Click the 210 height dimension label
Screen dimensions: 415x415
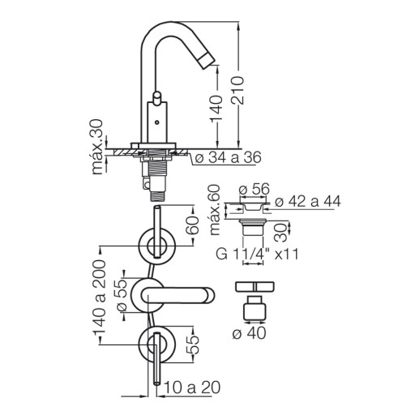[x=238, y=90]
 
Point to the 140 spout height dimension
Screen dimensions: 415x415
[x=216, y=109]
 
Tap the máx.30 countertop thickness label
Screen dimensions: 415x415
[x=97, y=147]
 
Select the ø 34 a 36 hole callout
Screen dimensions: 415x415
[x=228, y=157]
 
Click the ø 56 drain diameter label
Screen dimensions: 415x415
[x=255, y=189]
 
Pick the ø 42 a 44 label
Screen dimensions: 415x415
[x=308, y=201]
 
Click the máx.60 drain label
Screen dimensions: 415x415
[x=215, y=210]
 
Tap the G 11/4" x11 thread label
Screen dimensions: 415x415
[x=257, y=255]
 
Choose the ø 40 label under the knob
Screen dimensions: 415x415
[x=249, y=333]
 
